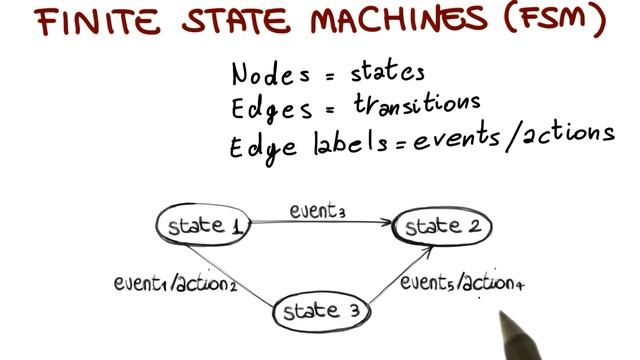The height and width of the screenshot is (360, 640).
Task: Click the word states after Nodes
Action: pos(388,72)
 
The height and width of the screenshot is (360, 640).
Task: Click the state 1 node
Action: pos(204,225)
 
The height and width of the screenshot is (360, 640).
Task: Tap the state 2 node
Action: pos(442,226)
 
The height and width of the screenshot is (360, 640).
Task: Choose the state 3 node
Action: pos(318,312)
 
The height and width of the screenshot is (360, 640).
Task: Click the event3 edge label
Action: pos(318,211)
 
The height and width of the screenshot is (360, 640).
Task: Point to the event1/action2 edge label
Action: pos(174,283)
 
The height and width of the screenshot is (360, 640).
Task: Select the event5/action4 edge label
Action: pos(462,284)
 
